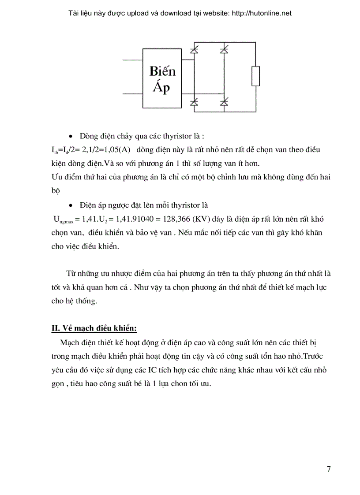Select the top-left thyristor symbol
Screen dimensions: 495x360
(x=193, y=51)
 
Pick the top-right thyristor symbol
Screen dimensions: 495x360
(x=224, y=51)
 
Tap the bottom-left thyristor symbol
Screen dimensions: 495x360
(x=193, y=102)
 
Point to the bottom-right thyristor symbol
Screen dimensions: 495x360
(x=224, y=102)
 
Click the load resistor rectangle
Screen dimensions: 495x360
(x=255, y=76)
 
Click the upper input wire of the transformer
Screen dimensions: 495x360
(x=131, y=59)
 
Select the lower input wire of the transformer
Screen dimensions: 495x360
(x=131, y=93)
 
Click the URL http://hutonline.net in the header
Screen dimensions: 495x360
(x=260, y=13)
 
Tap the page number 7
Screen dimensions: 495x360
(x=329, y=469)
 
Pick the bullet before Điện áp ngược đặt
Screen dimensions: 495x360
(x=72, y=205)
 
